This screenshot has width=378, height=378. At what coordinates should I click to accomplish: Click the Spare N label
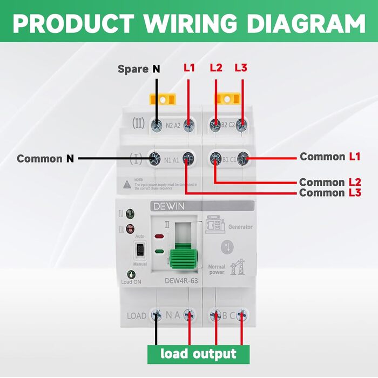click(139, 69)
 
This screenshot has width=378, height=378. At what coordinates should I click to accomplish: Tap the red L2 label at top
click(216, 68)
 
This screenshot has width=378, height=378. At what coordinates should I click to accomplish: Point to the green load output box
click(198, 354)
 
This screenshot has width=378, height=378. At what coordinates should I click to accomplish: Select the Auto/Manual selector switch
click(140, 249)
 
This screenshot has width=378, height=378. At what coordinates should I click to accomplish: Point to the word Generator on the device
click(240, 227)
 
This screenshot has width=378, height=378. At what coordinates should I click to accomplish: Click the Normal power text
click(217, 269)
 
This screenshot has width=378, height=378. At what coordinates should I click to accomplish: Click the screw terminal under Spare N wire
click(157, 126)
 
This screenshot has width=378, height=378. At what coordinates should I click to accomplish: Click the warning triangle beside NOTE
click(126, 184)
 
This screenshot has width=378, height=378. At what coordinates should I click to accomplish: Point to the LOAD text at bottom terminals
click(137, 315)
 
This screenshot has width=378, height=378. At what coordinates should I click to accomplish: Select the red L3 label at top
click(241, 68)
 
